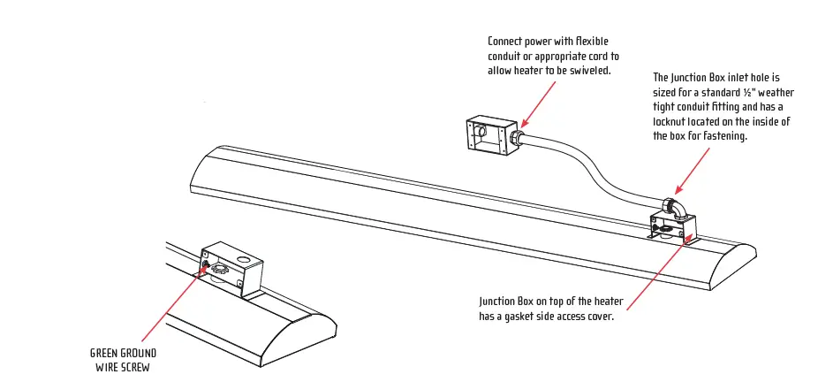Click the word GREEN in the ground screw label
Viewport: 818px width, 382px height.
pyautogui.click(x=107, y=352)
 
